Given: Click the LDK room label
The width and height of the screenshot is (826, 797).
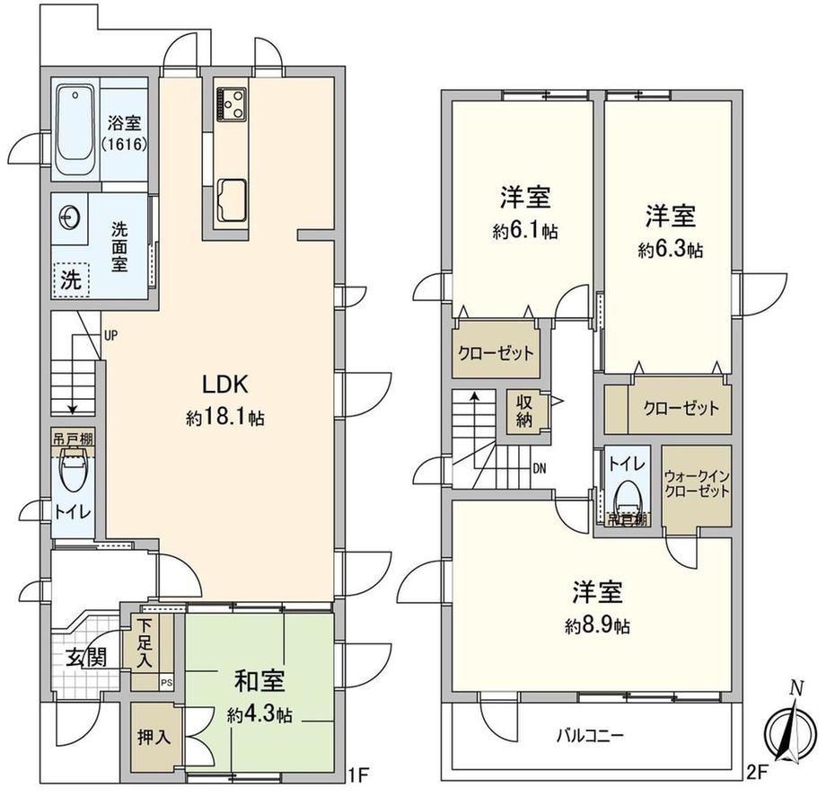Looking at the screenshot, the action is (x=225, y=385).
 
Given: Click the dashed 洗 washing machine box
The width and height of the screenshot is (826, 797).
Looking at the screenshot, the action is (x=71, y=280).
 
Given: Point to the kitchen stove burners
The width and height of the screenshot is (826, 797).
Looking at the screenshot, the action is (x=232, y=103).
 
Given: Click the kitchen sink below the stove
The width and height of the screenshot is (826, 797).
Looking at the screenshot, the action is (x=232, y=199).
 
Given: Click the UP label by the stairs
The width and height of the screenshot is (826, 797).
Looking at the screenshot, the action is (x=110, y=335).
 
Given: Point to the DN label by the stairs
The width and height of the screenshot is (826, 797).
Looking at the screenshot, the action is (x=539, y=468).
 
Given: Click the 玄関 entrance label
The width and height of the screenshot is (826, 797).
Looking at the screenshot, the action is (x=86, y=658).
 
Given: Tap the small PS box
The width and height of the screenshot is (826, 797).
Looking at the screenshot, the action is (x=166, y=684).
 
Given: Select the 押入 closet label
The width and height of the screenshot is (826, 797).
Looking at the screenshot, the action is (x=154, y=737).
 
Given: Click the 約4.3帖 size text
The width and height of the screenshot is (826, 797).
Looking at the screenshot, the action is (x=259, y=715).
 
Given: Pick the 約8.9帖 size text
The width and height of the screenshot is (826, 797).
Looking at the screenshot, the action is (x=597, y=626).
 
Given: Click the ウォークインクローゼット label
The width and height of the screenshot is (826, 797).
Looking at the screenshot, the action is (x=697, y=484).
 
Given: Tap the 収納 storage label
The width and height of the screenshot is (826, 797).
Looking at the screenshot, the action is (x=524, y=412).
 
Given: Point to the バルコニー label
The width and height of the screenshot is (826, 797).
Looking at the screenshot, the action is (x=591, y=735).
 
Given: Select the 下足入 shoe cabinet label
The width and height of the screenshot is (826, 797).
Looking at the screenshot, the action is (x=145, y=643).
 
